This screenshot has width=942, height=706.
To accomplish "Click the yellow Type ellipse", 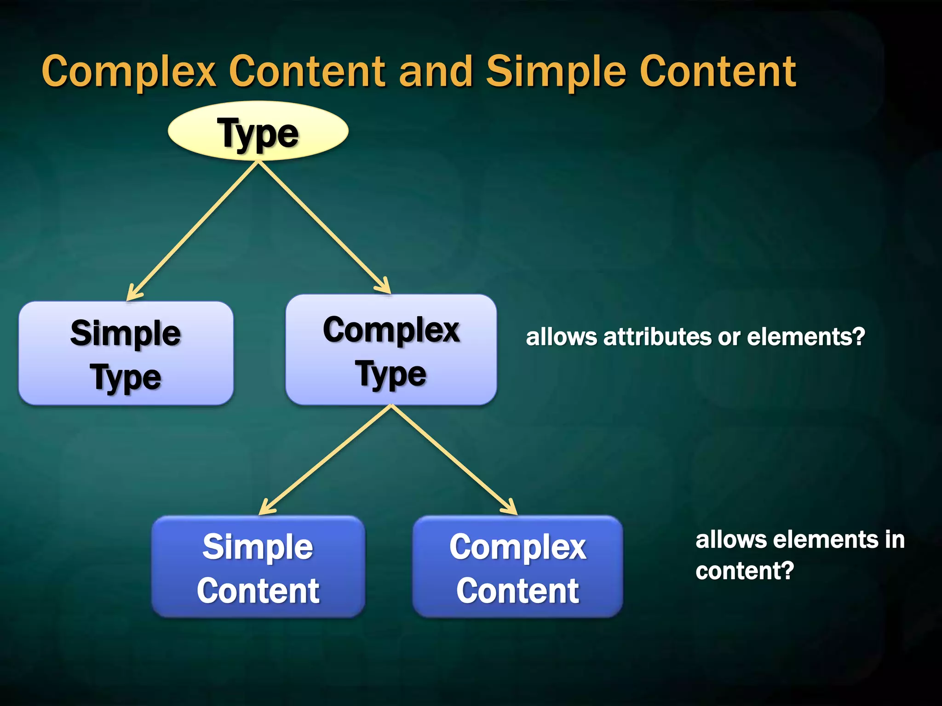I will (258, 131).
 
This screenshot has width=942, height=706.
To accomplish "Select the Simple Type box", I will (126, 353).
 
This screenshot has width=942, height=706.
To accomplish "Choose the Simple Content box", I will (258, 566).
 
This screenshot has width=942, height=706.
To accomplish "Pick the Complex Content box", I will (517, 566).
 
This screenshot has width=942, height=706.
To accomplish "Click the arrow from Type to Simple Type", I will (193, 230).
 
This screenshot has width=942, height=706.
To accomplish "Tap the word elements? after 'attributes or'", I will (806, 337).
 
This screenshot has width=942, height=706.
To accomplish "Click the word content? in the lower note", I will (744, 571).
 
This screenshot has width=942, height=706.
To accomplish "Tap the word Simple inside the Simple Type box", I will (126, 333).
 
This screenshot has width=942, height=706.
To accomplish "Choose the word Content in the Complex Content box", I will (517, 591).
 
